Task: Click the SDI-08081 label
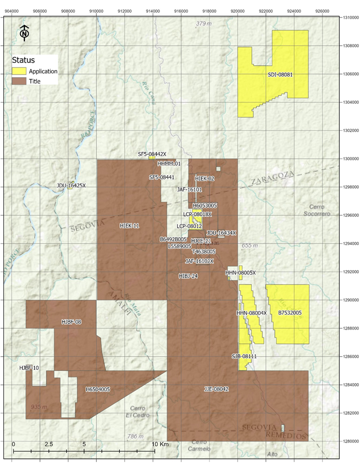coord(280,75)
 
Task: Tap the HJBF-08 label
coord(72,322)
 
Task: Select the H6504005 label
coord(98,389)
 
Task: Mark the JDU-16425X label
coord(72,185)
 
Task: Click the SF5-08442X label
coord(152,154)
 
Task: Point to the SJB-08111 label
coord(244,356)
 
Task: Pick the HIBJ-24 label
coord(188,276)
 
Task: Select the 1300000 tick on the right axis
coord(349,159)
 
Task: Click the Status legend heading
coord(23,60)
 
